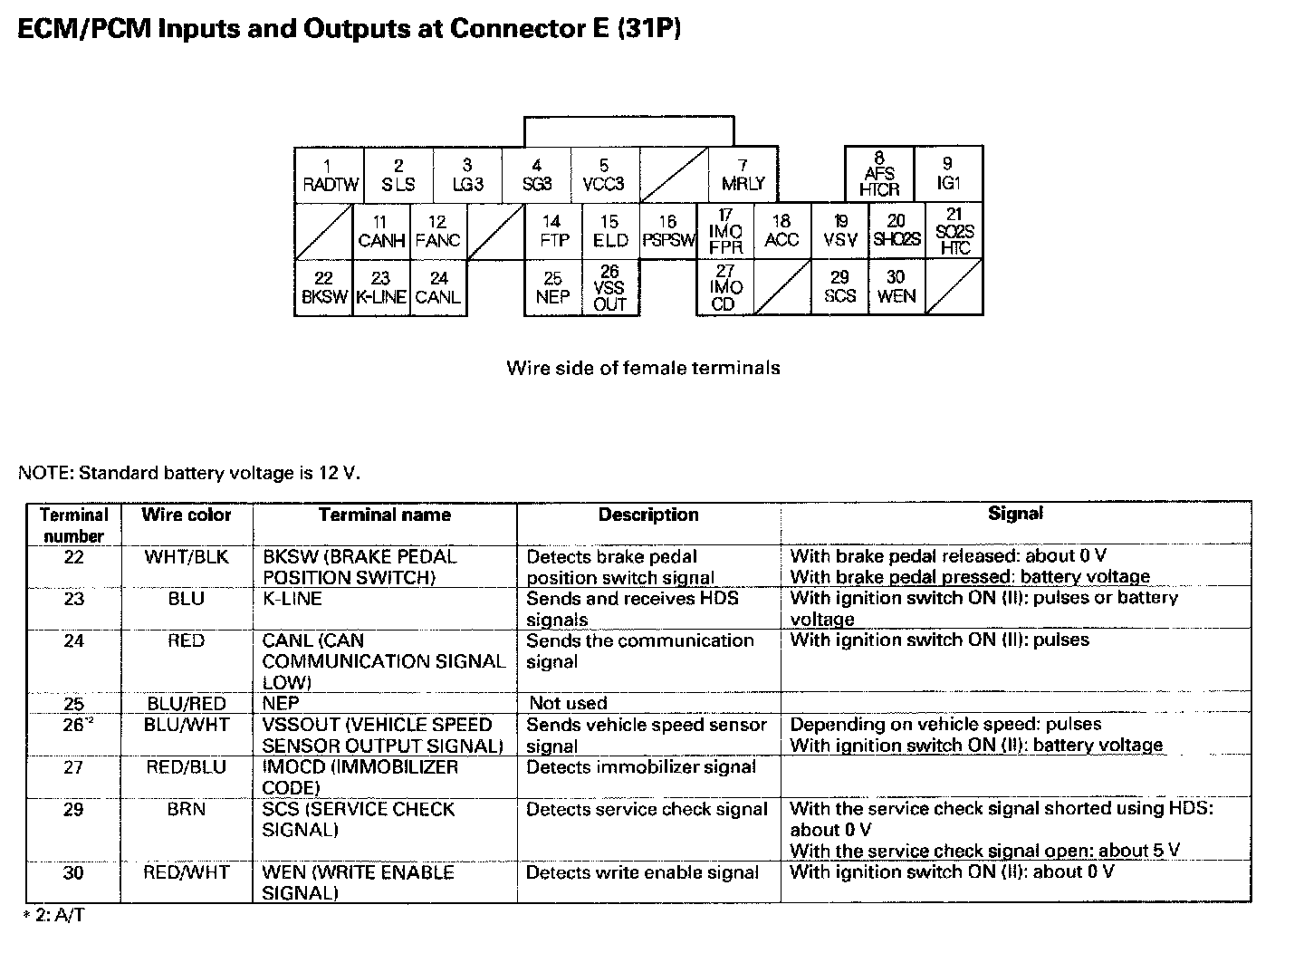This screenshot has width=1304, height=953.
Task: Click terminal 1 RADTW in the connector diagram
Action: pos(330,176)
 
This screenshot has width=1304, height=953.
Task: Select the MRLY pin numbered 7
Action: pos(743,176)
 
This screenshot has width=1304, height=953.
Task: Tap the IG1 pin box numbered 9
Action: pos(948,174)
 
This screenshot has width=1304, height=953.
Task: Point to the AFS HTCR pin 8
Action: pos(879,174)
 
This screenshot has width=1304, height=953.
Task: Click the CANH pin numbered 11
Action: pos(381,232)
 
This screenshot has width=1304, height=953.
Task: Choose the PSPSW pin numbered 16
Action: pos(667,232)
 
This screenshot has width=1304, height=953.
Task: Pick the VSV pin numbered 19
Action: pos(840,232)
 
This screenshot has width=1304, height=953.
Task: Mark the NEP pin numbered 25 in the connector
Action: pos(552,288)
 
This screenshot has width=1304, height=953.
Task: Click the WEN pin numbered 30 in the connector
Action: pos(896,287)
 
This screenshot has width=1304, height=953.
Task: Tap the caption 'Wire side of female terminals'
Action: pos(643,368)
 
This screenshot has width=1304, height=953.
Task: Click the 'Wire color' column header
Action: pos(187,515)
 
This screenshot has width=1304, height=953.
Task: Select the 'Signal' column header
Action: pos(1015,514)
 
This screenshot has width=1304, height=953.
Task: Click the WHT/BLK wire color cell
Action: pos(187,556)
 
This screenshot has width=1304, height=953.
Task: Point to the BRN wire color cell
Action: pos(187,809)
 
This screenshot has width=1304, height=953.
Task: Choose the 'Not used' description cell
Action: pos(568,703)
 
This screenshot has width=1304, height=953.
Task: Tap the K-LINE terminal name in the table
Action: pos(292,599)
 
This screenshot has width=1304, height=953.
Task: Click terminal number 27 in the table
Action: pos(73,767)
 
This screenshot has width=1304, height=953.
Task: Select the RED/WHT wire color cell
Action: pos(187,872)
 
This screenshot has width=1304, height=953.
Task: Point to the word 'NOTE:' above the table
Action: pos(46,473)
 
